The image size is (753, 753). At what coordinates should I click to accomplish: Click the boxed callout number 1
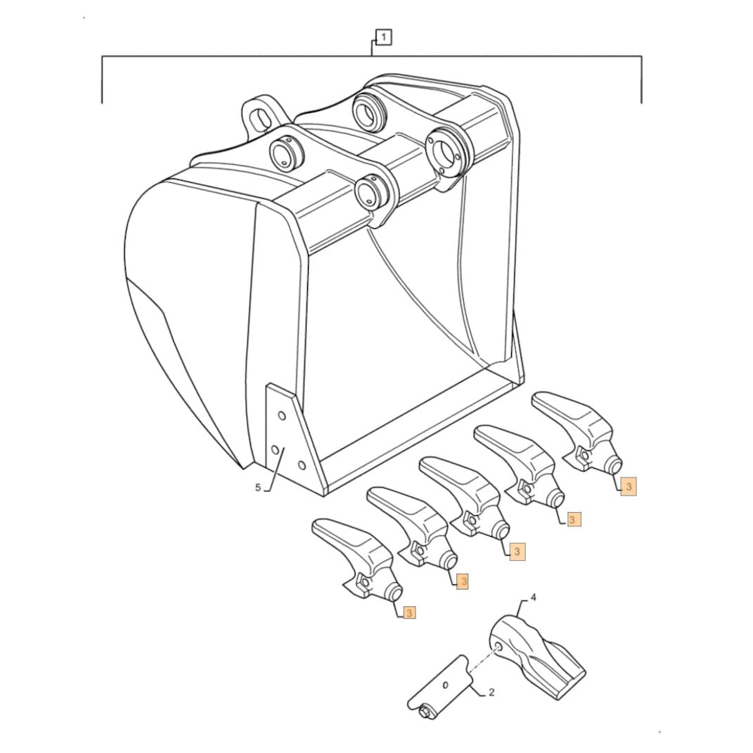(383, 37)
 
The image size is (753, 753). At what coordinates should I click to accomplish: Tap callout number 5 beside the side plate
(258, 488)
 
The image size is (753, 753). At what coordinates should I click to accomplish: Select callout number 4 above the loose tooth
(533, 598)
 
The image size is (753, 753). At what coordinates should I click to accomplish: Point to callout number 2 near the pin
(491, 691)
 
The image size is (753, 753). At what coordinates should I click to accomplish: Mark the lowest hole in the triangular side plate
(301, 464)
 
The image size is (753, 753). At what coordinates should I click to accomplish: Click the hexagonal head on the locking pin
(425, 709)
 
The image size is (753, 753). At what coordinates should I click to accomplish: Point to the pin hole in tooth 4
(498, 647)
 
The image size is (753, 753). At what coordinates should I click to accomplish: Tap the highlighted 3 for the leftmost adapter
(408, 612)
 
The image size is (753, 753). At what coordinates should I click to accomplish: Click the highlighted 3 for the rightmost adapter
(629, 487)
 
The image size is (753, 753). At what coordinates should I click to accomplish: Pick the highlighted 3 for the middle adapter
(517, 552)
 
